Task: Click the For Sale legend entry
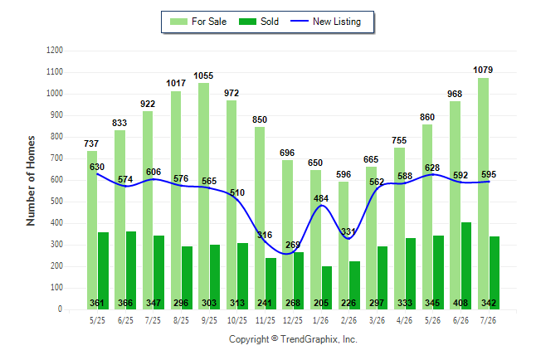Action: pos(198,22)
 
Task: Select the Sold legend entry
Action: pos(259,22)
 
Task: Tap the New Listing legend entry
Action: pos(325,22)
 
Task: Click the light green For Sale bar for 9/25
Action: pos(204,197)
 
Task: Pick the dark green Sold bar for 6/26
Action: pos(466,266)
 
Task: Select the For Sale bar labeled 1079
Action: pos(483,193)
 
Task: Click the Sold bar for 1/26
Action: pos(327,288)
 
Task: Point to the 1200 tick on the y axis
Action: pos(55,51)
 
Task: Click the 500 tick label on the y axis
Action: pos(55,202)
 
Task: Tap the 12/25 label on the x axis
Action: pos(293,320)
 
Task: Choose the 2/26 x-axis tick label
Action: pos(348,320)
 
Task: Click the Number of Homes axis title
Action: pos(31,181)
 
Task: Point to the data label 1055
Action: pos(203,75)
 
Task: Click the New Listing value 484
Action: pos(321,198)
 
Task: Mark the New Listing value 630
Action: pos(97,167)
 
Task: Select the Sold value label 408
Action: pos(460,303)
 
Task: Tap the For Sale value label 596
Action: pos(344,174)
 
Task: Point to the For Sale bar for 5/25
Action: pos(92,231)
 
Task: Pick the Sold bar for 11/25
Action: pos(270,284)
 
